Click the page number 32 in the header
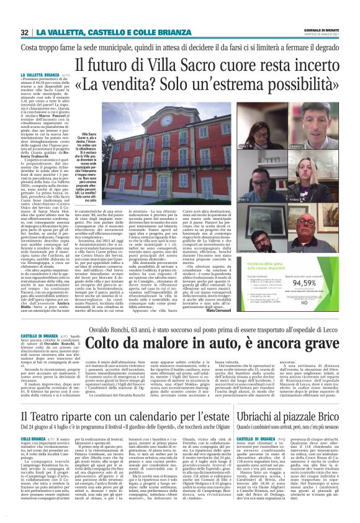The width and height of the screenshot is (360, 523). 25,32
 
